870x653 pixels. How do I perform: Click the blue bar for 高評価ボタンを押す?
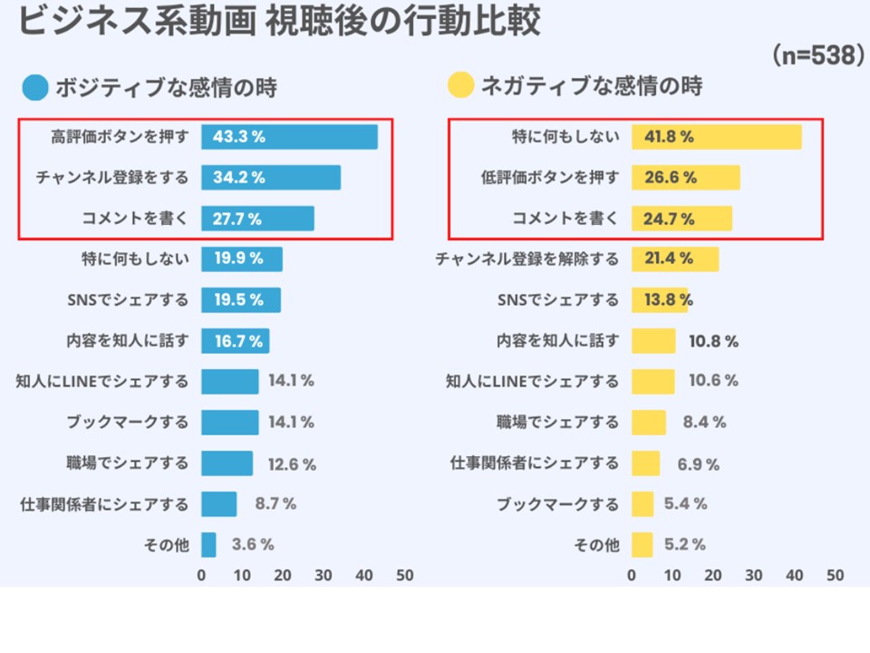tap(289, 137)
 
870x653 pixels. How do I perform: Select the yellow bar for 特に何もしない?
tap(716, 137)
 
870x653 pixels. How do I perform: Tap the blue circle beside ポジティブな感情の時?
tap(36, 87)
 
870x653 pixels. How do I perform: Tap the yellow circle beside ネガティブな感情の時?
tap(461, 87)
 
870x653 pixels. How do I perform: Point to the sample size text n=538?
tap(817, 56)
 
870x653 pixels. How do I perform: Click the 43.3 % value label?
tap(238, 137)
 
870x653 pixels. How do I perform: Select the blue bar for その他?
tap(208, 545)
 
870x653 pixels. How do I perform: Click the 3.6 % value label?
tap(253, 545)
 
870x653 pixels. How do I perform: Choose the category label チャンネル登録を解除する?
tap(527, 259)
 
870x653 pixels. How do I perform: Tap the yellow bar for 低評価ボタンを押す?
tap(685, 178)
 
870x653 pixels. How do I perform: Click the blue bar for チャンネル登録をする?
tap(271, 178)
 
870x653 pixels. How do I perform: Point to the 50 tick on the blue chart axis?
tap(405, 576)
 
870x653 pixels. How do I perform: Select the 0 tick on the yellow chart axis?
tap(632, 576)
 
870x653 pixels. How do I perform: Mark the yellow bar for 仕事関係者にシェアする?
tap(645, 463)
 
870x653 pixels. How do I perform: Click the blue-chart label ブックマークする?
tap(127, 423)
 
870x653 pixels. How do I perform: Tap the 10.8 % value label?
tap(713, 341)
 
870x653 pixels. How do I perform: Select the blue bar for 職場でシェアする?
tap(227, 463)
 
